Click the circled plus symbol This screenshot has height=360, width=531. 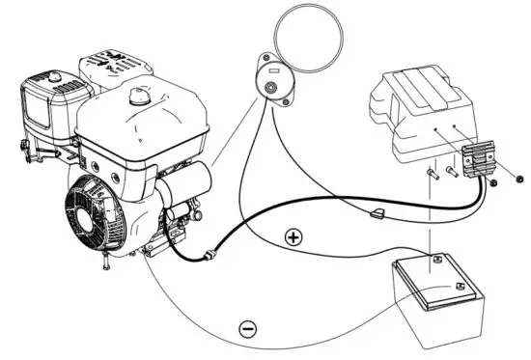pos(293,235)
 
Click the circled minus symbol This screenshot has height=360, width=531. pos(248,329)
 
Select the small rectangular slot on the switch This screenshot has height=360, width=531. pos(274,69)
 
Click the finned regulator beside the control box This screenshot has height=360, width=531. pos(479,159)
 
